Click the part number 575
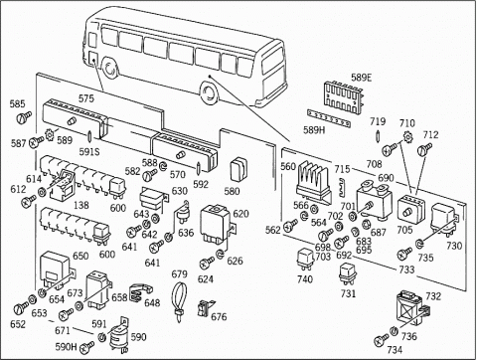(86, 97)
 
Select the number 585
(17, 103)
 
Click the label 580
(233, 191)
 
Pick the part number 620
(240, 214)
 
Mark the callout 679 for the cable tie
(180, 273)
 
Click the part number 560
(288, 168)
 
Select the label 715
(342, 169)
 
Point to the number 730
(454, 246)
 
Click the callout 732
(433, 295)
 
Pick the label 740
(304, 279)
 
